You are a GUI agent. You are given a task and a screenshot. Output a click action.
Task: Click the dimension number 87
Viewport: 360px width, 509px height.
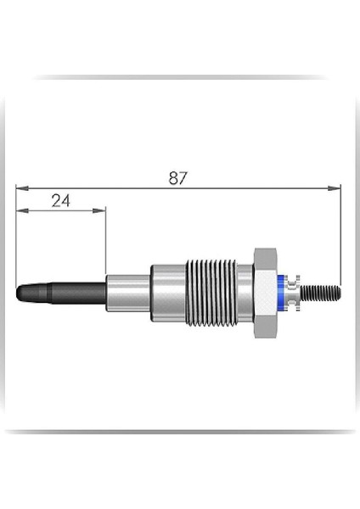pyautogui.click(x=178, y=178)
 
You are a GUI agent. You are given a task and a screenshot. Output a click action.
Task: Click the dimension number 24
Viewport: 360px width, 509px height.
pyautogui.click(x=61, y=201)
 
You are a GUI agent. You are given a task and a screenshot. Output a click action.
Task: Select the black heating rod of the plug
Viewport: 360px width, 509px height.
pyautogui.click(x=62, y=293)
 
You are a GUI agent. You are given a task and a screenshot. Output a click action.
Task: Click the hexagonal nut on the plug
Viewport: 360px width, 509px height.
pyautogui.click(x=266, y=294)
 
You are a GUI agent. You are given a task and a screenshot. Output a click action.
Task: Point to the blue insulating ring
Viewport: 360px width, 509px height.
pyautogui.click(x=281, y=294)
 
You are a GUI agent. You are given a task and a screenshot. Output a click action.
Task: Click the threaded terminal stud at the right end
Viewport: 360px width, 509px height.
pyautogui.click(x=321, y=293)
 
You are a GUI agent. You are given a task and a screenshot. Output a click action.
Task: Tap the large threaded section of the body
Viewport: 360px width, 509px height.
pyautogui.click(x=211, y=293)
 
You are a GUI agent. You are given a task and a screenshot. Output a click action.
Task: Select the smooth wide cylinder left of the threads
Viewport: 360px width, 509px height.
pyautogui.click(x=168, y=293)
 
